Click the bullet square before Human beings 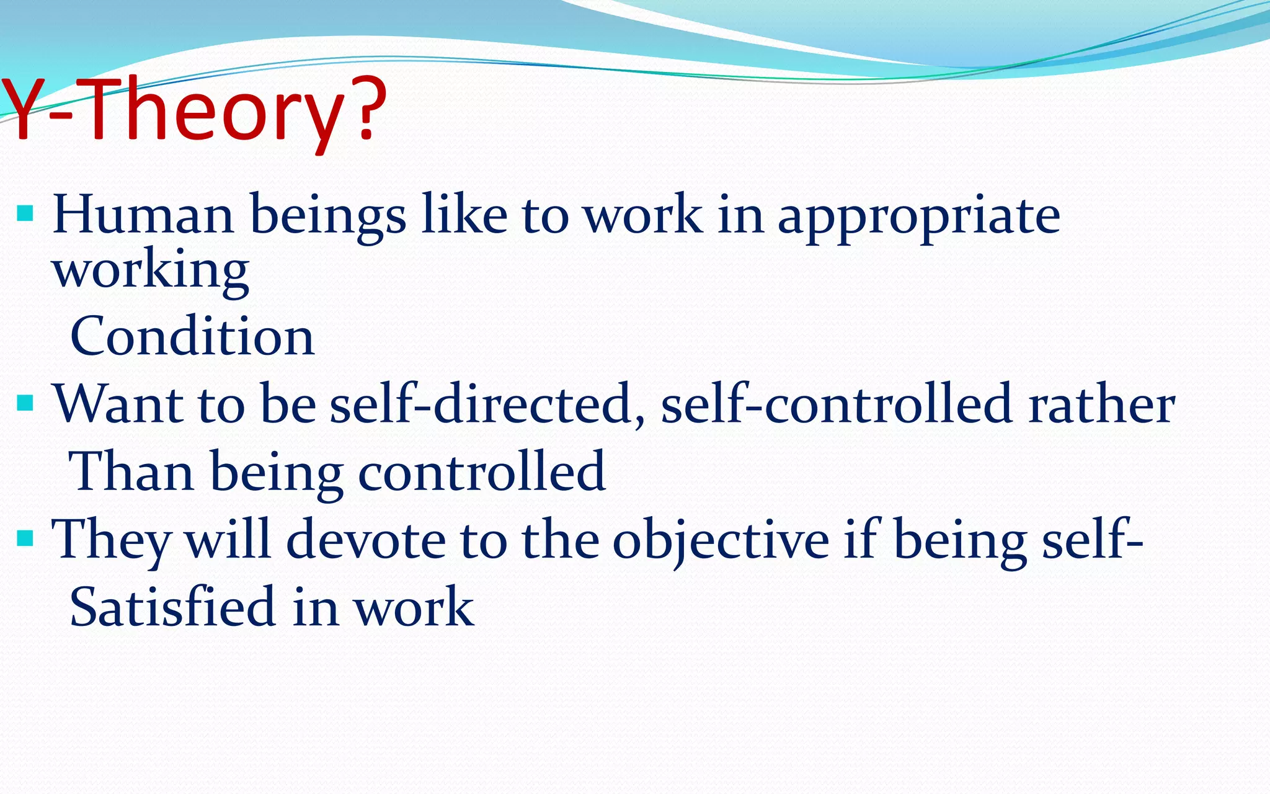click(25, 214)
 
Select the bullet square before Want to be click(25, 404)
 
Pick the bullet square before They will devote click(25, 537)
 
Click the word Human click(143, 215)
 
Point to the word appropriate click(918, 217)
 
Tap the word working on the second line click(151, 272)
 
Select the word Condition click(192, 337)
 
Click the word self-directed click(487, 404)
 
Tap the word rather click(1101, 404)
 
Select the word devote click(366, 539)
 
